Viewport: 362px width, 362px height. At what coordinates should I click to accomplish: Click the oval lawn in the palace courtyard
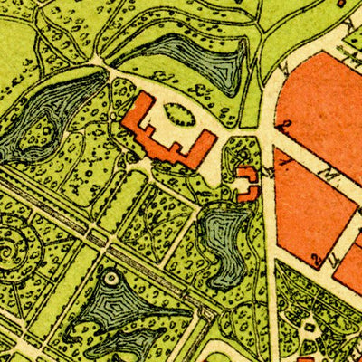pyautogui.click(x=180, y=115)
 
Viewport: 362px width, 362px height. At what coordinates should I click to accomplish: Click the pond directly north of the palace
pyautogui.click(x=195, y=62)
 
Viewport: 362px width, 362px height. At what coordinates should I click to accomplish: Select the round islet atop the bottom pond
pyautogui.click(x=110, y=278)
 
